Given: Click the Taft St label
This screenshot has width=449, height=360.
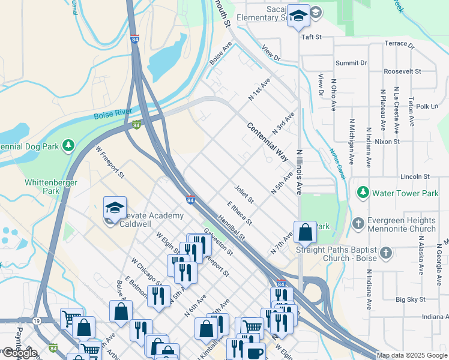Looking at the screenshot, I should [312, 37].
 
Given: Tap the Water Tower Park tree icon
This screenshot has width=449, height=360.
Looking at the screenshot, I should [363, 193].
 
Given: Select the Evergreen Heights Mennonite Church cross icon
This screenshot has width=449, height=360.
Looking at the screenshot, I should [358, 223].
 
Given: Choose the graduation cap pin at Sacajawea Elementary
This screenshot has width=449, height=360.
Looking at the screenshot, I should [298, 16].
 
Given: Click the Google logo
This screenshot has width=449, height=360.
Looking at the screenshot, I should [19, 353].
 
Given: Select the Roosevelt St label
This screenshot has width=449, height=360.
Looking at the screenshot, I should [402, 71].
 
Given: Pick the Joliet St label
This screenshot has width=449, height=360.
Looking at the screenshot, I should [244, 193].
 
